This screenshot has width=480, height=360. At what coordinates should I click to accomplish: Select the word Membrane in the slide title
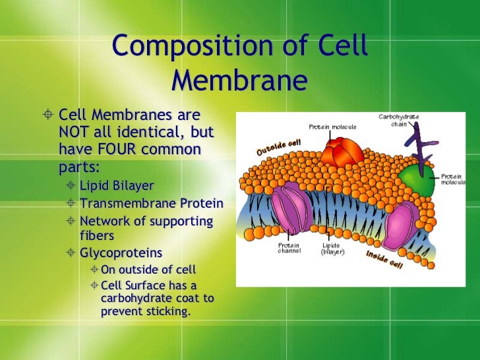click(239, 81)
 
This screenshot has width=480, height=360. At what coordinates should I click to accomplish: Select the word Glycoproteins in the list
click(121, 253)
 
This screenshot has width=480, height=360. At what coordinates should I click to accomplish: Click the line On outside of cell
click(148, 269)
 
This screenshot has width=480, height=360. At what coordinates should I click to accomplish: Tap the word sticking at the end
click(168, 311)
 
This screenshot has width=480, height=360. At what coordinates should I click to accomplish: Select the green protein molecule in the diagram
click(417, 179)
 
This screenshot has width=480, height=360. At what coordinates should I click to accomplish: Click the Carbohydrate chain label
click(398, 120)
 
